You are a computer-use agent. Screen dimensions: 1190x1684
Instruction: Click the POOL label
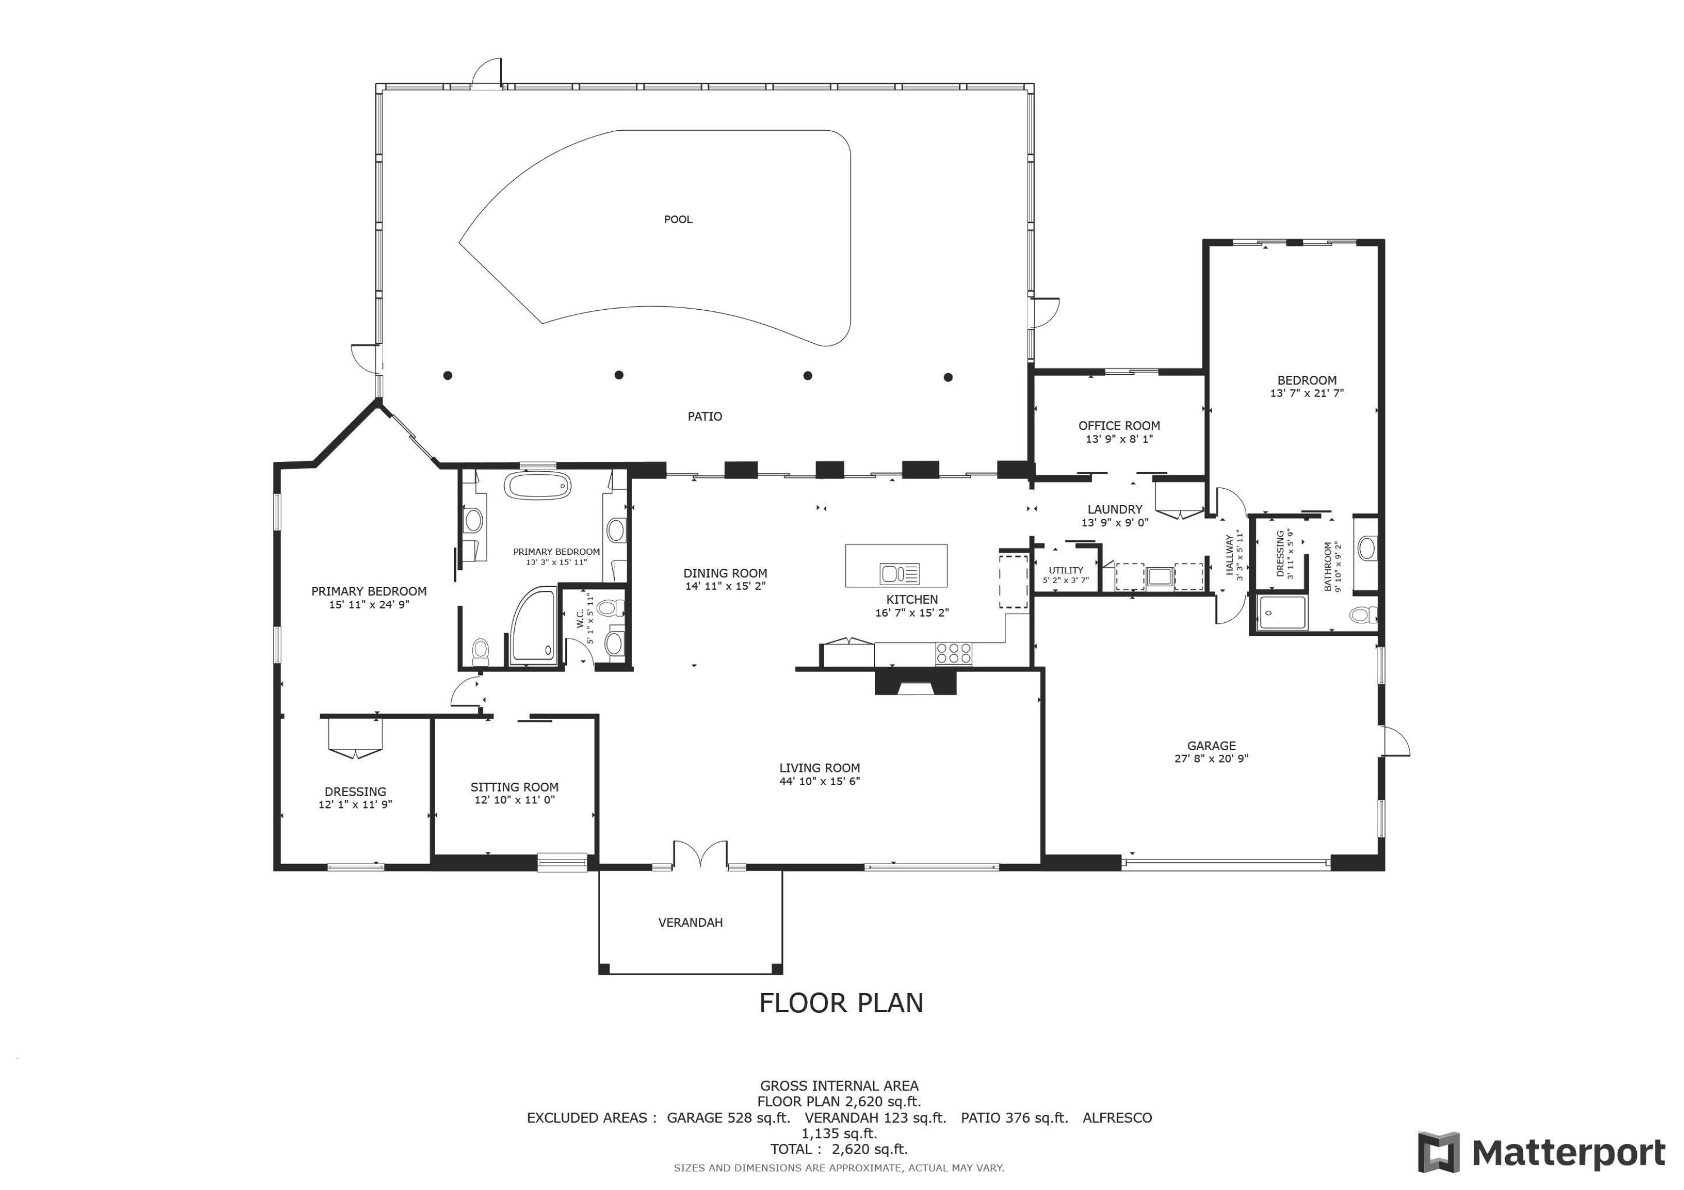678,219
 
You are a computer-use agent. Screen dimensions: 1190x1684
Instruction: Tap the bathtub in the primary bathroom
538,486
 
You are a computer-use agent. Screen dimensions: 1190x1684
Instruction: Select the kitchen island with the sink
895,566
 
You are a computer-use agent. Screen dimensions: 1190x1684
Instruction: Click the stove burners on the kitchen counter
954,653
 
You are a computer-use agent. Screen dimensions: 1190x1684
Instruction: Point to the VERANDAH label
690,922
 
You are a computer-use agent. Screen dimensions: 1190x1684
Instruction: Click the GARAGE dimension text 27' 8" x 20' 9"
1211,759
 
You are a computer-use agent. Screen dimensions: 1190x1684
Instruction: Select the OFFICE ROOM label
1119,425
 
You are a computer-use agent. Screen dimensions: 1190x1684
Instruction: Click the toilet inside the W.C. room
608,607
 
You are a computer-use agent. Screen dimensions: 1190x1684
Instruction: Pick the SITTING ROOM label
514,787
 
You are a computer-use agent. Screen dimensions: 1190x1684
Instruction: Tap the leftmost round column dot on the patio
447,375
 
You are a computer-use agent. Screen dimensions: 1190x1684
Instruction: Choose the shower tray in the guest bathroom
1282,613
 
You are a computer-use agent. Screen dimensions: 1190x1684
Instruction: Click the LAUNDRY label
1114,509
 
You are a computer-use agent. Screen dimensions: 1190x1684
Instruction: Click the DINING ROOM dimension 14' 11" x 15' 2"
725,586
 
